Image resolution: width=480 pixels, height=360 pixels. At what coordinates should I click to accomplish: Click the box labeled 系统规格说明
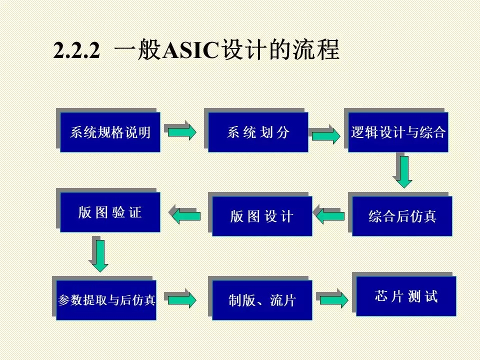click(110, 132)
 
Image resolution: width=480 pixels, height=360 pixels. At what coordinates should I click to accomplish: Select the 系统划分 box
click(258, 132)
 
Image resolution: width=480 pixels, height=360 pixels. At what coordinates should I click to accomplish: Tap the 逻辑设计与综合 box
click(398, 132)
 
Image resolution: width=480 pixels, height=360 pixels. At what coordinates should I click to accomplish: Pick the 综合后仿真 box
click(402, 216)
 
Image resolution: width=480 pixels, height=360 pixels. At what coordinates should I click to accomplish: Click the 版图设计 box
click(262, 216)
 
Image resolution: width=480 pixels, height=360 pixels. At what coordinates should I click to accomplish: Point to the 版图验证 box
click(110, 212)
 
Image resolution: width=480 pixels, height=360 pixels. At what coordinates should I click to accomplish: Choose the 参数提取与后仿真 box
click(106, 300)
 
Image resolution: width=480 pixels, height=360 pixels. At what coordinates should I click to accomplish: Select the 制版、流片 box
click(262, 300)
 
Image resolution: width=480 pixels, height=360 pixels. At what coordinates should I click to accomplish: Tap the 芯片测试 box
click(406, 296)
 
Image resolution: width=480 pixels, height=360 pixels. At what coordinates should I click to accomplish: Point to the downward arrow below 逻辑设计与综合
click(404, 171)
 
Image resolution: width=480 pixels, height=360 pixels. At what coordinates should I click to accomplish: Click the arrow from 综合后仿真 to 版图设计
click(330, 216)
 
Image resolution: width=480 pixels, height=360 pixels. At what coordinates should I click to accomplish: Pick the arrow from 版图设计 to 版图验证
click(186, 216)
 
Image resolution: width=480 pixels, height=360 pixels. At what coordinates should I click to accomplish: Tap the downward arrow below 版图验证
click(100, 255)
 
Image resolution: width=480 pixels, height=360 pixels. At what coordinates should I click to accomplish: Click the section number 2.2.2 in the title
click(77, 51)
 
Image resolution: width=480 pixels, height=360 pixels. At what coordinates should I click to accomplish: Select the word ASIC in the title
click(191, 51)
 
